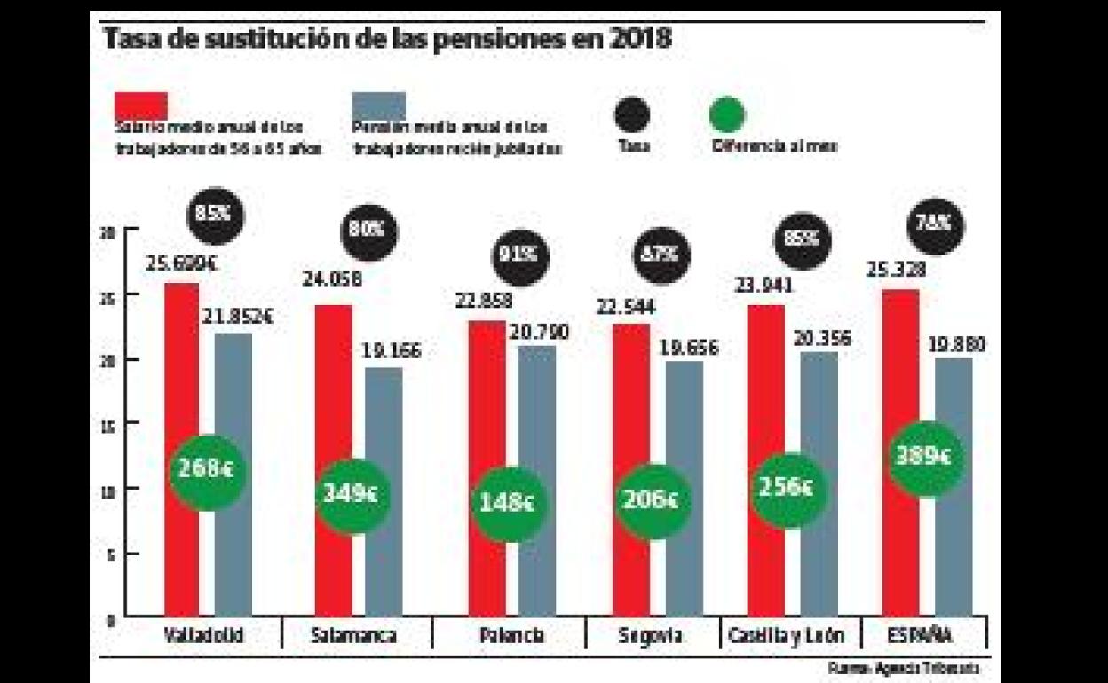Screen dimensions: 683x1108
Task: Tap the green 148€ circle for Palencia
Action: (x=508, y=504)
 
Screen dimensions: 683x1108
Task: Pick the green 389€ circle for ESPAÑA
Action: (x=922, y=457)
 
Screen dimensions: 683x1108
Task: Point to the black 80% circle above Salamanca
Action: (x=368, y=229)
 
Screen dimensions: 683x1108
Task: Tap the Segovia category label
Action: (x=651, y=636)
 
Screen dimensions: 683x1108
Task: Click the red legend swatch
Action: (x=141, y=105)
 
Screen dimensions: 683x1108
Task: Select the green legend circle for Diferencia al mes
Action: (x=728, y=114)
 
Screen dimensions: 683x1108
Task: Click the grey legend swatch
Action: (x=379, y=105)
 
